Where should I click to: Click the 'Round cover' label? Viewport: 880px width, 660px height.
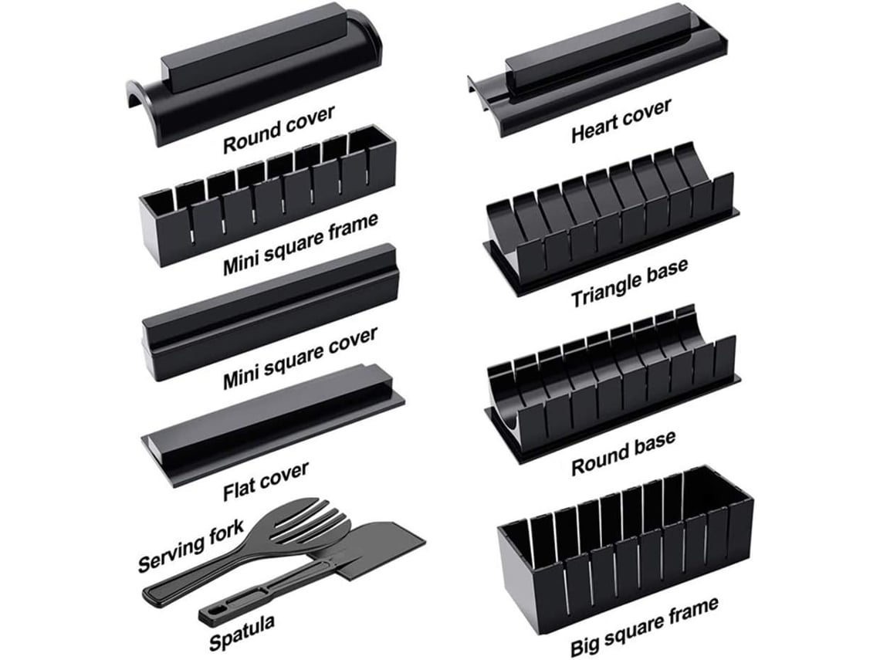coord(279,129)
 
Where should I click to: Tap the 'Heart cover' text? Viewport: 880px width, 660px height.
coord(621,120)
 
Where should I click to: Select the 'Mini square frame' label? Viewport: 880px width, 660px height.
coord(300,242)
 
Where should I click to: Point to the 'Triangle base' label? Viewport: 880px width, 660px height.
coord(629,283)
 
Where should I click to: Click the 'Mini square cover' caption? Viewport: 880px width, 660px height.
coord(300,357)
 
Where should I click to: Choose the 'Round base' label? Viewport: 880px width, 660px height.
coord(623,452)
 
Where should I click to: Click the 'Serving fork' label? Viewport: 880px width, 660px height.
coord(191,547)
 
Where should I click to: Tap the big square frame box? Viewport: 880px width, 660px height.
coord(625,540)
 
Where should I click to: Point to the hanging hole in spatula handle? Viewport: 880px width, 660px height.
coord(207,616)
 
